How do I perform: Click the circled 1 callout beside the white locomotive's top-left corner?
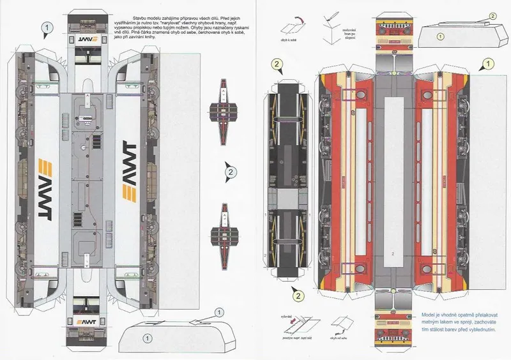[x=45, y=27]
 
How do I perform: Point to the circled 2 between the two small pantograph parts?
[x=231, y=170]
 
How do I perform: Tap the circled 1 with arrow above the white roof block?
[x=218, y=312]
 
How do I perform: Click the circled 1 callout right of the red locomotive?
[x=487, y=64]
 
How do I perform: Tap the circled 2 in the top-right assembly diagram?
[x=492, y=15]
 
